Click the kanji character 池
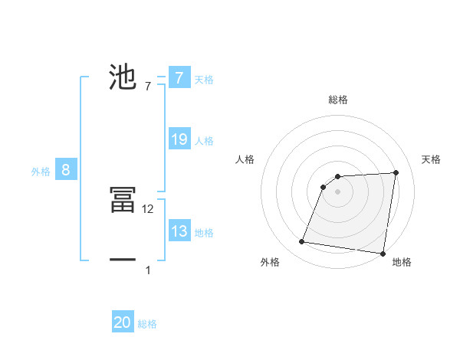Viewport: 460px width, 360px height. coord(123,77)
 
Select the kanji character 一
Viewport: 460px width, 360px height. coord(123,260)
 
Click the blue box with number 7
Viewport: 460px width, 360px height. coord(179,78)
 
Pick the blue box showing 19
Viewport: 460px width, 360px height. coord(179,139)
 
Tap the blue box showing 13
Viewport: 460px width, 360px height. coord(179,231)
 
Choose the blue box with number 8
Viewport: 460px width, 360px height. coord(66,170)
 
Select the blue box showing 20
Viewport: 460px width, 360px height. coord(123,322)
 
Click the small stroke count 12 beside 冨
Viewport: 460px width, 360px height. coord(149,208)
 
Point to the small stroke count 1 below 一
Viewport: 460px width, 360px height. coord(148,270)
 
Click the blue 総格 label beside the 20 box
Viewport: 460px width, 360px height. coord(147,324)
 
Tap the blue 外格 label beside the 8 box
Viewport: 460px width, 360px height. coord(41,172)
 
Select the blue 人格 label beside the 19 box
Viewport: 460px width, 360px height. coord(204,141)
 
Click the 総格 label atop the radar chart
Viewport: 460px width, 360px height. coord(338,100)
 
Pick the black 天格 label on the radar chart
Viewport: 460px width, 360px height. coord(432,159)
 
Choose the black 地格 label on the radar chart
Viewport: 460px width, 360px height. coord(402,263)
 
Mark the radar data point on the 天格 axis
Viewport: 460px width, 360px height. coord(396,172)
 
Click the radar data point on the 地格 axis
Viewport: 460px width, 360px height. coord(383,254)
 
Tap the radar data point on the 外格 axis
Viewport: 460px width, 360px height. coord(302,242)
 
